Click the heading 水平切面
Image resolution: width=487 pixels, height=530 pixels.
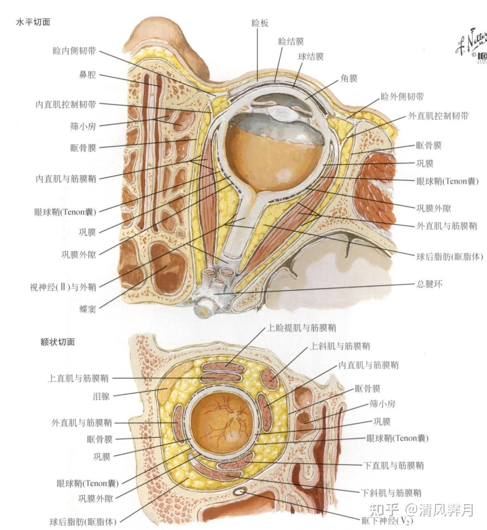[33, 22]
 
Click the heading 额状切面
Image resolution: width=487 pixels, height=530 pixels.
[58, 342]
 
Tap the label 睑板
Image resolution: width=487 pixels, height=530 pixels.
[260, 23]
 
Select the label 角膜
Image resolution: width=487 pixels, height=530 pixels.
[349, 78]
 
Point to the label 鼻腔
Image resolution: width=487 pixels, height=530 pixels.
[87, 75]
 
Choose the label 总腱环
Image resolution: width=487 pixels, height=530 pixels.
[429, 284]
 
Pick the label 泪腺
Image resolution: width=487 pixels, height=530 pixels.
[101, 396]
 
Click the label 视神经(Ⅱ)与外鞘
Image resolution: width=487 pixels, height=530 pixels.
[63, 287]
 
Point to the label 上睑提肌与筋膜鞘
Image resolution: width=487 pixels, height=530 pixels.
[301, 328]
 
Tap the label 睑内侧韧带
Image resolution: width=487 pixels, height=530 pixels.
[74, 51]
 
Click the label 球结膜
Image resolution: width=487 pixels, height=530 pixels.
[311, 56]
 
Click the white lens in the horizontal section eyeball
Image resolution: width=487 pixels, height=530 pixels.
[283, 113]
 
